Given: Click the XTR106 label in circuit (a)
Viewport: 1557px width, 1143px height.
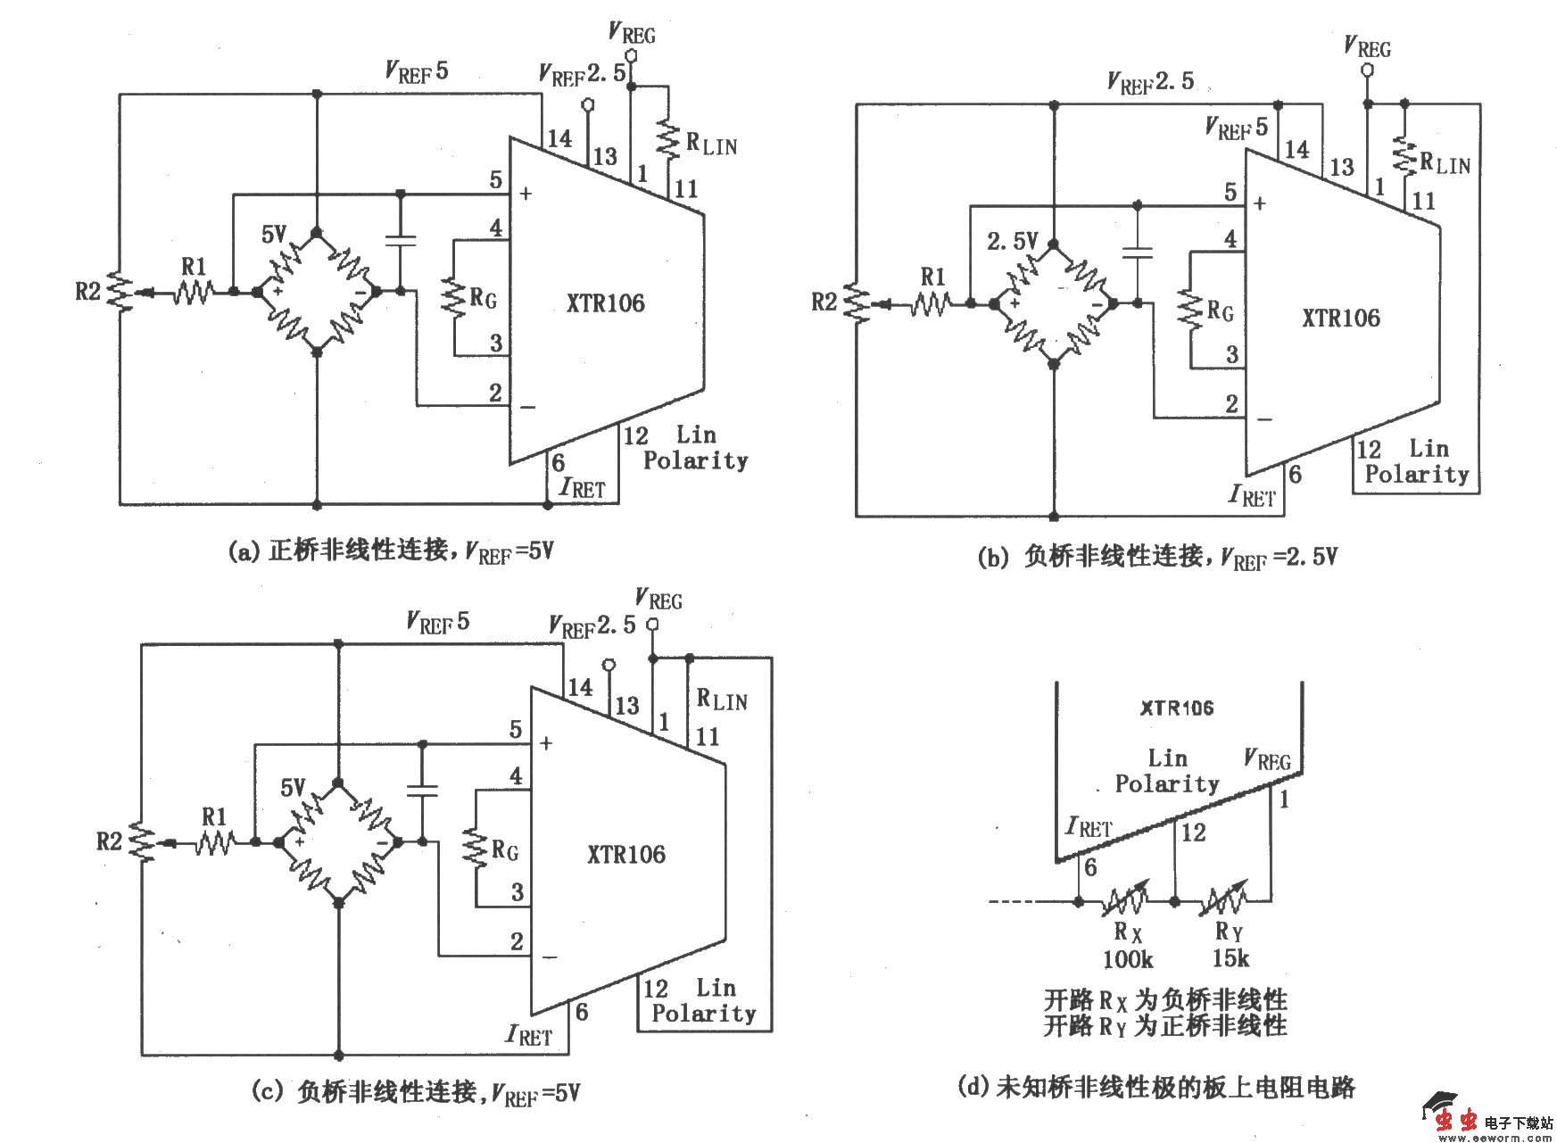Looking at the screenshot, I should pos(605,303).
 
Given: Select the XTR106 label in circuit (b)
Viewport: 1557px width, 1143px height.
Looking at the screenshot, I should pos(1340,319).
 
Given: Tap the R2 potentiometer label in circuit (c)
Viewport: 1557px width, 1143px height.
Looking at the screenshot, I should pos(108,841).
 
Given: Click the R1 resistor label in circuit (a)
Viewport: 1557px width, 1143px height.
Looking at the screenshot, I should pos(193,266).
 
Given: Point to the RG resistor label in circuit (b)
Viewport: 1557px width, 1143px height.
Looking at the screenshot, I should pos(1220,311).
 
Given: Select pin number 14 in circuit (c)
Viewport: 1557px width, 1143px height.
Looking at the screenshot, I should pos(580,687).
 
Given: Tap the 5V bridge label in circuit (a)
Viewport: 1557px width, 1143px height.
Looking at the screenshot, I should pos(273,235).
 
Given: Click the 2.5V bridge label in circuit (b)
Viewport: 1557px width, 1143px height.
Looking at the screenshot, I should pos(1012,241).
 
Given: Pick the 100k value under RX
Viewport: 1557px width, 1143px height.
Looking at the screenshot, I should pos(1127,960).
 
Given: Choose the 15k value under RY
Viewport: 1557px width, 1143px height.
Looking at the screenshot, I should pos(1230,959).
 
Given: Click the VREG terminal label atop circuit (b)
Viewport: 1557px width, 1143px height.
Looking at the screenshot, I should pos(1367,46).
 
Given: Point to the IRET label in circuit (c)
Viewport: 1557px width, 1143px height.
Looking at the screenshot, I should pos(528,1035).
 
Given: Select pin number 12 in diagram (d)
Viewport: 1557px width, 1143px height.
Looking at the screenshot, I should pos(1193,832).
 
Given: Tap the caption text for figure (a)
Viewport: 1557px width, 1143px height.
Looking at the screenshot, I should pos(391,551).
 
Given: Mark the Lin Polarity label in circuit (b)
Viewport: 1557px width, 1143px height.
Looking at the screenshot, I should pos(1417,461).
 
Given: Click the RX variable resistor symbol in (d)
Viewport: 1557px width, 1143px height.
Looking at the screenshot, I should pos(1126,902).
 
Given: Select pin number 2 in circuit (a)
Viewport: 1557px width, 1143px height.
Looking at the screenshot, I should pos(495,393).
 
